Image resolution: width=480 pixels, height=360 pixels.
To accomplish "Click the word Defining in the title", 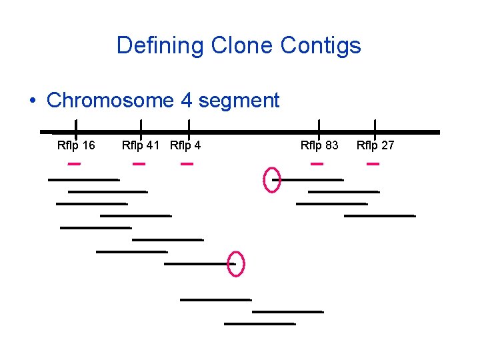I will click(x=161, y=46).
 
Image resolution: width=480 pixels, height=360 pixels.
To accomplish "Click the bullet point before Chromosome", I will click(x=33, y=101).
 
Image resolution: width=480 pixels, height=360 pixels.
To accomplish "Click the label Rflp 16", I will click(x=76, y=145).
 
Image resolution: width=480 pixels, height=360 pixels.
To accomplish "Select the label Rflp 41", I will click(x=141, y=145).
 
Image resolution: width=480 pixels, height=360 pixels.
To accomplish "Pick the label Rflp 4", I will click(x=186, y=145).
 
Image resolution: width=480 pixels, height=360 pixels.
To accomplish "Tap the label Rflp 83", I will click(x=319, y=145).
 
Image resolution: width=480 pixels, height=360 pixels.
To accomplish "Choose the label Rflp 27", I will click(x=375, y=145).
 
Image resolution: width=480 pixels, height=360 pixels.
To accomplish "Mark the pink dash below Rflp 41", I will click(x=139, y=163).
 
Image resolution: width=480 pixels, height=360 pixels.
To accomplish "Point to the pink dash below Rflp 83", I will click(x=317, y=163).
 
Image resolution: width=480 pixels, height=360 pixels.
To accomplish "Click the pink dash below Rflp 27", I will click(x=373, y=163).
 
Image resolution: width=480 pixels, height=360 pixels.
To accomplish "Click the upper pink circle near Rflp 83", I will click(x=272, y=180).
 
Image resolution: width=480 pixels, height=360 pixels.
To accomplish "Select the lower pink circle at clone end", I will click(x=236, y=264).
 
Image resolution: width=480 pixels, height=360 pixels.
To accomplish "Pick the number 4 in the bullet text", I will click(x=187, y=101).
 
